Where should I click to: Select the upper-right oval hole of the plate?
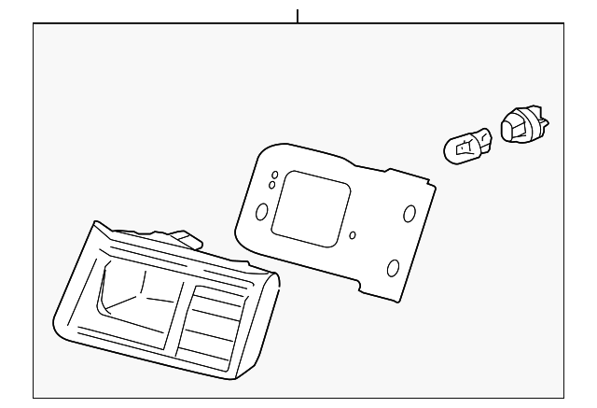click(x=409, y=213)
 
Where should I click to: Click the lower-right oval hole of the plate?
click(x=393, y=269)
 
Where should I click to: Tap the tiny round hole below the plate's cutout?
click(x=352, y=235)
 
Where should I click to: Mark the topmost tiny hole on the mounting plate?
click(x=274, y=176)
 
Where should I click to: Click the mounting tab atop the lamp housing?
click(x=186, y=240)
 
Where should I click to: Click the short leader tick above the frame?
click(x=298, y=16)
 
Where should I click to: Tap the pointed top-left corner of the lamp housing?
click(x=93, y=223)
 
